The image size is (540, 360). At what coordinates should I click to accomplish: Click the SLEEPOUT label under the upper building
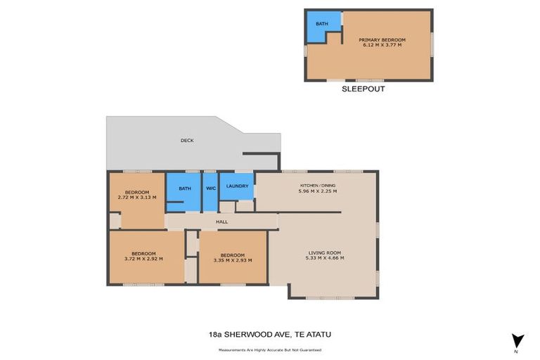364,89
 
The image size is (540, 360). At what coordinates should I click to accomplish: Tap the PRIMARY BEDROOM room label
382,40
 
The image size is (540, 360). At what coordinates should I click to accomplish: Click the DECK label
187,141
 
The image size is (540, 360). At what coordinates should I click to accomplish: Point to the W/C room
210,188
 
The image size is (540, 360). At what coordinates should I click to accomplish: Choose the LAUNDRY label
237,186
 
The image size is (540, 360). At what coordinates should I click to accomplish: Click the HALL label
222,221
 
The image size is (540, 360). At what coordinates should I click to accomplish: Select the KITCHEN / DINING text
318,186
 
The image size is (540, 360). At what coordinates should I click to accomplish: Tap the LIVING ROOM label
324,253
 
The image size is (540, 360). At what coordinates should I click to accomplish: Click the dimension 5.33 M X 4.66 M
324,258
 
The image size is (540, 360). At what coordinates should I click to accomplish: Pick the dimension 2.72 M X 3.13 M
137,198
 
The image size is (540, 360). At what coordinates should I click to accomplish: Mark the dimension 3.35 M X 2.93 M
232,259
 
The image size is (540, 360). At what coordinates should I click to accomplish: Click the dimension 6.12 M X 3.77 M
382,45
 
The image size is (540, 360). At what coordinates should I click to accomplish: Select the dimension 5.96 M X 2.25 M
318,191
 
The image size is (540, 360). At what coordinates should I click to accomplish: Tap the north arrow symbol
517,340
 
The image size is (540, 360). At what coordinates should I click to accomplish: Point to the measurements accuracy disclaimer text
270,349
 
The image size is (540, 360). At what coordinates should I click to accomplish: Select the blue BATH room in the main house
184,189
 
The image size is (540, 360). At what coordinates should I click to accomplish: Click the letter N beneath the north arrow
516,351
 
